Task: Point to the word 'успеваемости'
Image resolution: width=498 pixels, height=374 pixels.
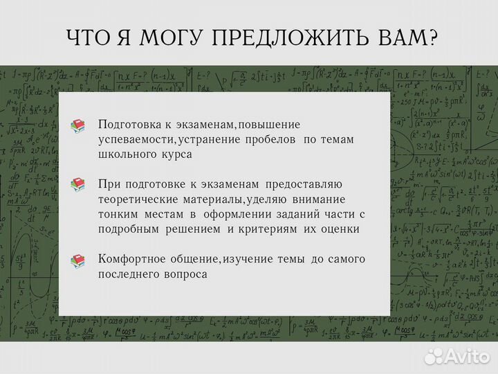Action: [136, 140]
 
